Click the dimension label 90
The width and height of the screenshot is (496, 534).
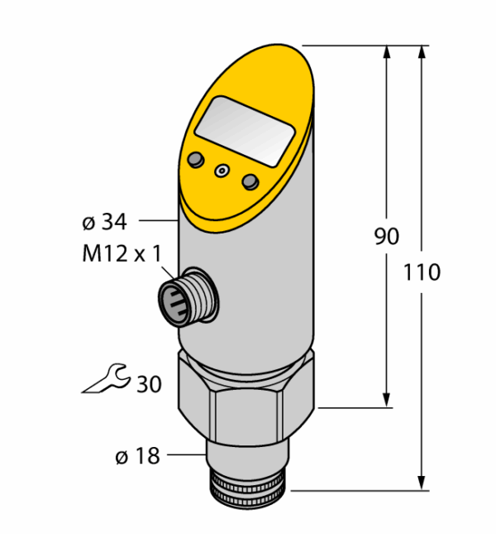click(x=387, y=236)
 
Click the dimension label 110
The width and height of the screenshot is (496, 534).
click(x=422, y=272)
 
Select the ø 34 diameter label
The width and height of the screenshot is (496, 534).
click(x=104, y=222)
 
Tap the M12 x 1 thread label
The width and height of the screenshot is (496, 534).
click(x=122, y=253)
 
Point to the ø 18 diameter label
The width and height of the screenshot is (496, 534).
click(x=137, y=455)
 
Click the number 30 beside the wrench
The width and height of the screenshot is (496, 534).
click(x=149, y=384)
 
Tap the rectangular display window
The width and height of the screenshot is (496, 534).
click(x=245, y=131)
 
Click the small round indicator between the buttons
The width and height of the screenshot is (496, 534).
click(x=222, y=170)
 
